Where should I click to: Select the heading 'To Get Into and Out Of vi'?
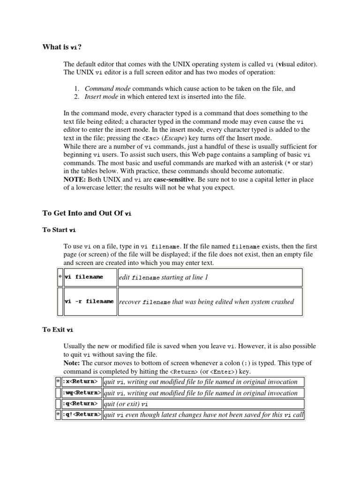click(87, 213)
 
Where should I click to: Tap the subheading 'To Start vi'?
click(59, 230)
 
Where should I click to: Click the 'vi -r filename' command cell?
click(89, 301)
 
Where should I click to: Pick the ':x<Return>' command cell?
click(80, 382)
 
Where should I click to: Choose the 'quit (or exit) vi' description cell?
click(126, 404)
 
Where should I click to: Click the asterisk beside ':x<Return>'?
click(58, 382)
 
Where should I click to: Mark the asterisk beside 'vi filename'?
click(60, 277)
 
